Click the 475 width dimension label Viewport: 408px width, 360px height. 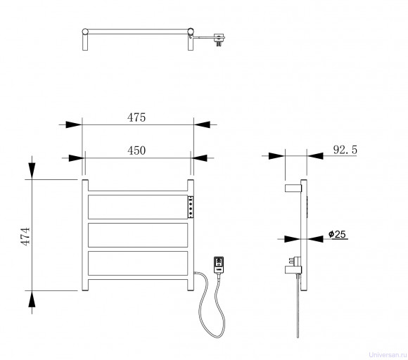point(136,117)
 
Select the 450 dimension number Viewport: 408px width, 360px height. point(136,150)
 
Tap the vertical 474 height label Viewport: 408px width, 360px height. point(26,236)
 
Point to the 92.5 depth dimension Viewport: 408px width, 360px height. point(345,150)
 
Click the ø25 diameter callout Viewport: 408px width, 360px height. point(337,234)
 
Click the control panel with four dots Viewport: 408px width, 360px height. point(191,207)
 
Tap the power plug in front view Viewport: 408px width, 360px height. point(219,265)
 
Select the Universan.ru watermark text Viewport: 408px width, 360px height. point(388,355)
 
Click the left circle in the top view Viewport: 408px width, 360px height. point(85,32)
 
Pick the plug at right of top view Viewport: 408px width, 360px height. point(219,39)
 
